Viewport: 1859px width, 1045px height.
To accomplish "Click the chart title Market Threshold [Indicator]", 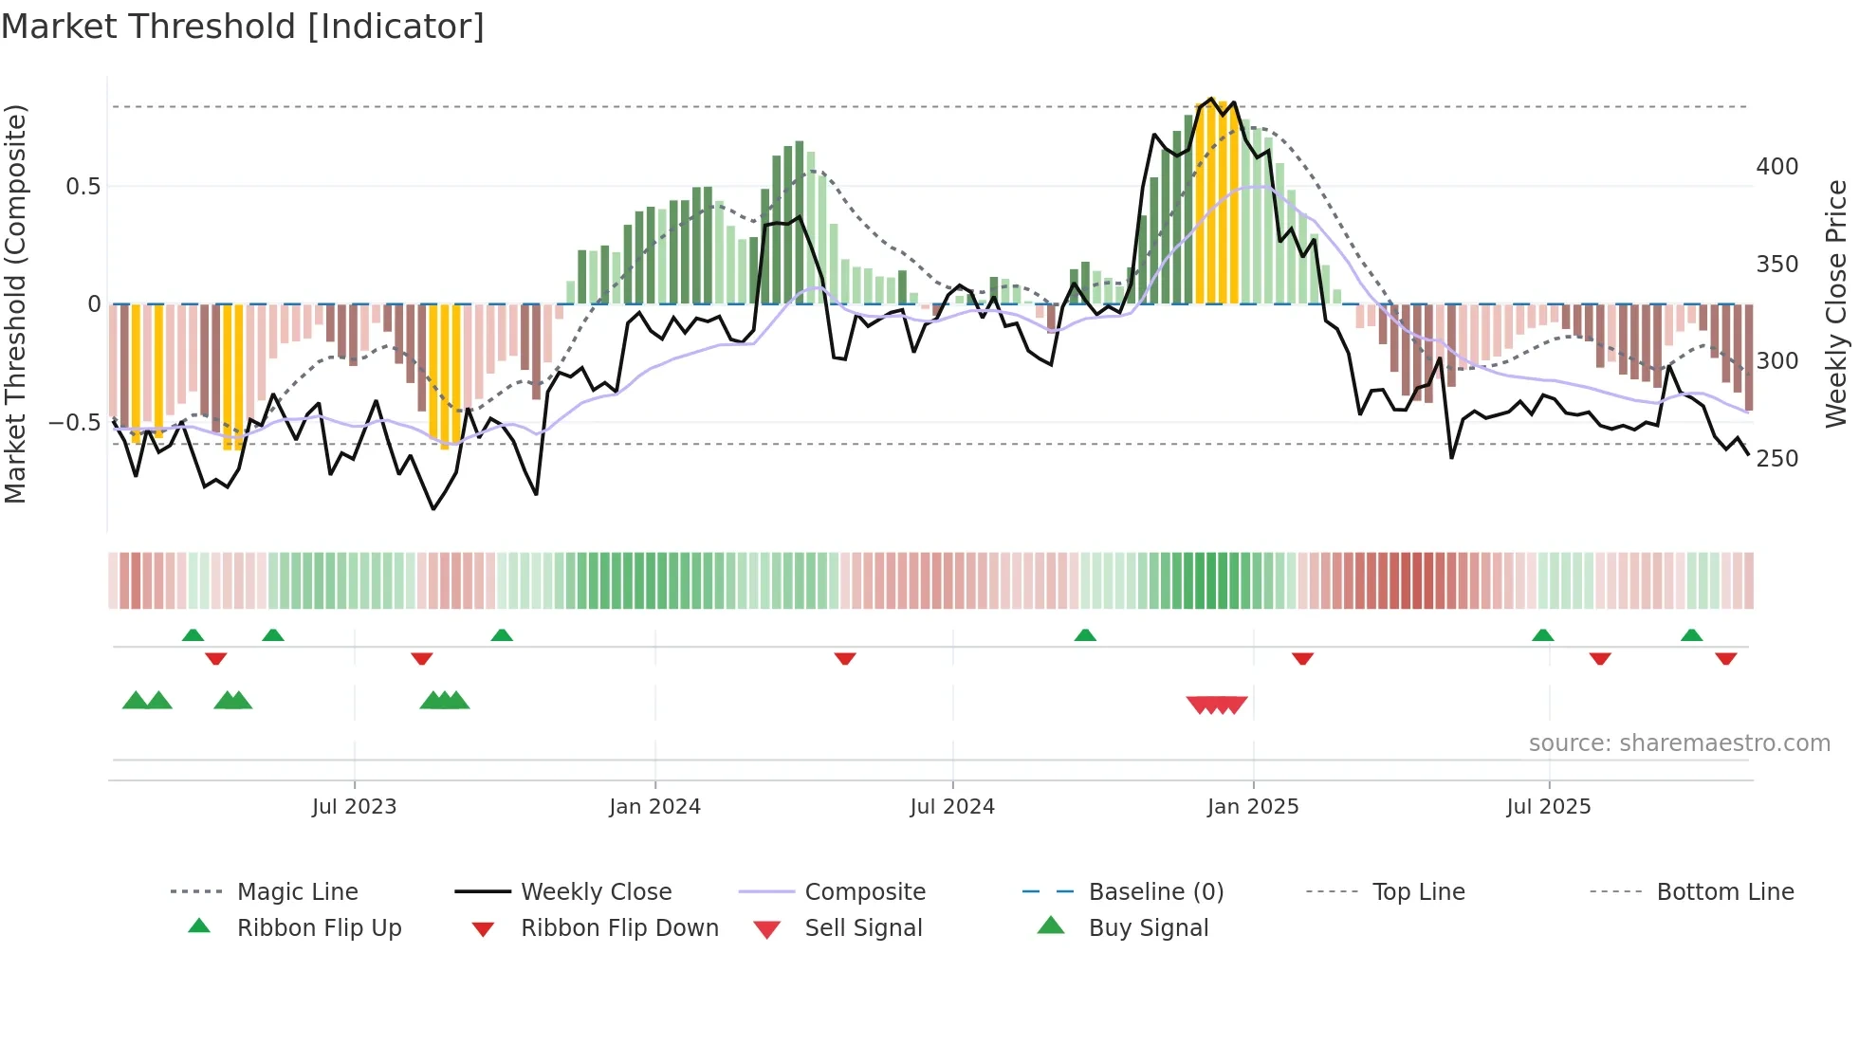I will click(x=243, y=27).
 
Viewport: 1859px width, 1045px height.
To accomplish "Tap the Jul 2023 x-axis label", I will click(x=354, y=807).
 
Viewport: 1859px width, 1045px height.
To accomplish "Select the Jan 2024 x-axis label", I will click(x=654, y=807).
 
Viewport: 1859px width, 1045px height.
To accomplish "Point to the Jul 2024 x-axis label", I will click(x=952, y=807).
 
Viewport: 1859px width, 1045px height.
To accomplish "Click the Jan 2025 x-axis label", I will click(x=1253, y=807).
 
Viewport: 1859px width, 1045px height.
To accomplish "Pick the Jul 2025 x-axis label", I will click(x=1549, y=807).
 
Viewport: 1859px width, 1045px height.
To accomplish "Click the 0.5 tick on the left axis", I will click(x=83, y=187).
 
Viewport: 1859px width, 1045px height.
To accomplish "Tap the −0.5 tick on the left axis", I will click(x=76, y=422).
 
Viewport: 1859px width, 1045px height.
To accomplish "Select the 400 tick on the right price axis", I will click(x=1777, y=167).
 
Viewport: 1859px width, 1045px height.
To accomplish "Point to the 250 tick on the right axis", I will click(x=1777, y=459).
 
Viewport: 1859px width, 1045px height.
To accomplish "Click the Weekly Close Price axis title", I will click(x=1837, y=303).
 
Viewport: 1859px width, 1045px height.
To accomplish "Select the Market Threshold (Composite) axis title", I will click(x=16, y=303).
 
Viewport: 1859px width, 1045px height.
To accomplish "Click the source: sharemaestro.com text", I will click(x=1679, y=743).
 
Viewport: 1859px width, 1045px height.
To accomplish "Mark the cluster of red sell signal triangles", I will click(x=1217, y=705).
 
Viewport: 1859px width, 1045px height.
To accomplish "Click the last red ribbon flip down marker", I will click(x=1725, y=658).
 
